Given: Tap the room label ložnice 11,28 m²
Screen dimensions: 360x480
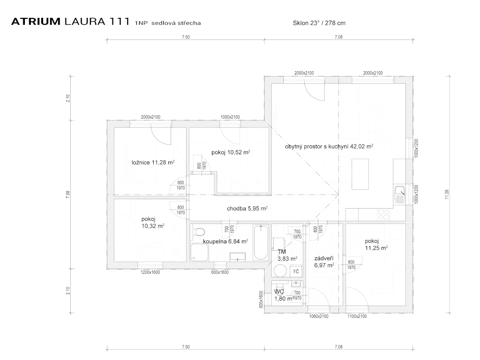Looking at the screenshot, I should click(153, 163).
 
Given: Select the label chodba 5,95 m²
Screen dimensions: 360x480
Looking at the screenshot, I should click(247, 209).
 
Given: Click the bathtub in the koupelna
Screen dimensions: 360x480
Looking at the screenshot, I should click(260, 243).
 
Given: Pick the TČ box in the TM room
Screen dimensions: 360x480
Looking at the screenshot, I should click(296, 271).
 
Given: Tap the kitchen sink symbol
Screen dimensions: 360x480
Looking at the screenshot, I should click(400, 194).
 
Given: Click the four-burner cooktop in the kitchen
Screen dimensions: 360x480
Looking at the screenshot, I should click(383, 215).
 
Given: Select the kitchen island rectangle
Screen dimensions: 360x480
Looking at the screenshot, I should click(360, 174).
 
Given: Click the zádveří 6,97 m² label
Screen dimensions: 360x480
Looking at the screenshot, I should click(324, 262).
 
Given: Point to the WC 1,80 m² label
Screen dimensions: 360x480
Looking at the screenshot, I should click(283, 294).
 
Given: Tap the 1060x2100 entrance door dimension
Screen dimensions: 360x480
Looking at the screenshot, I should click(319, 316).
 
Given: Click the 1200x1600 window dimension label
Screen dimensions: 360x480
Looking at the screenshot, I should click(150, 272).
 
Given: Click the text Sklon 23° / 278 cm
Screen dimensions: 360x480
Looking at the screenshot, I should click(319, 22).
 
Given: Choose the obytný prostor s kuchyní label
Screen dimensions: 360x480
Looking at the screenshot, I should click(329, 146).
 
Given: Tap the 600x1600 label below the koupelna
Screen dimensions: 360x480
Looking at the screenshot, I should click(220, 272).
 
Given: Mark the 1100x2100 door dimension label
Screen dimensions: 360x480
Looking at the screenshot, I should click(357, 316).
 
